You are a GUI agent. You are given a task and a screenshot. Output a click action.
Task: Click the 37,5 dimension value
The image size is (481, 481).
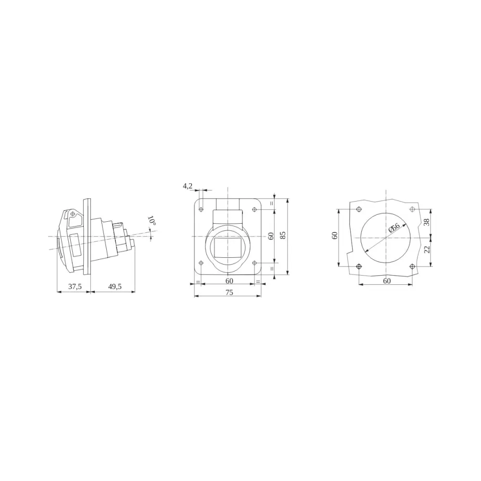pos(75,287)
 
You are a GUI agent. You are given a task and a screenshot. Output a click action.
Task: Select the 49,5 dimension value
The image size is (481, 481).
pos(115,287)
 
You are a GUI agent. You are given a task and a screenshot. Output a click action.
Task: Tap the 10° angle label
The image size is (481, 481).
pos(152,221)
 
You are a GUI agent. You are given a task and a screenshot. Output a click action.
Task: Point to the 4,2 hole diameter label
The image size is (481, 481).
pos(188,186)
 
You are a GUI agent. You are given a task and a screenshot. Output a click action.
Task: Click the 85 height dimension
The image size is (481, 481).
pos(283,235)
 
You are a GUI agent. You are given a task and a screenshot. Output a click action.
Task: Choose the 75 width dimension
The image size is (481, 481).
pos(229,292)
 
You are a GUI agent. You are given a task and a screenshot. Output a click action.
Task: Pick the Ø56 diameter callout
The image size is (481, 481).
pos(394,228)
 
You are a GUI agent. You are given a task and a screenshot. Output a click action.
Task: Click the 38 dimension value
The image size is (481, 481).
pos(427,222)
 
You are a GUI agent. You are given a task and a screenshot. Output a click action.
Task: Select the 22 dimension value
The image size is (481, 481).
pos(427,250)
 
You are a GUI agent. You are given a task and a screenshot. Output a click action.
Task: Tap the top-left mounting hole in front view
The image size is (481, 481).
pos(201,210)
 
